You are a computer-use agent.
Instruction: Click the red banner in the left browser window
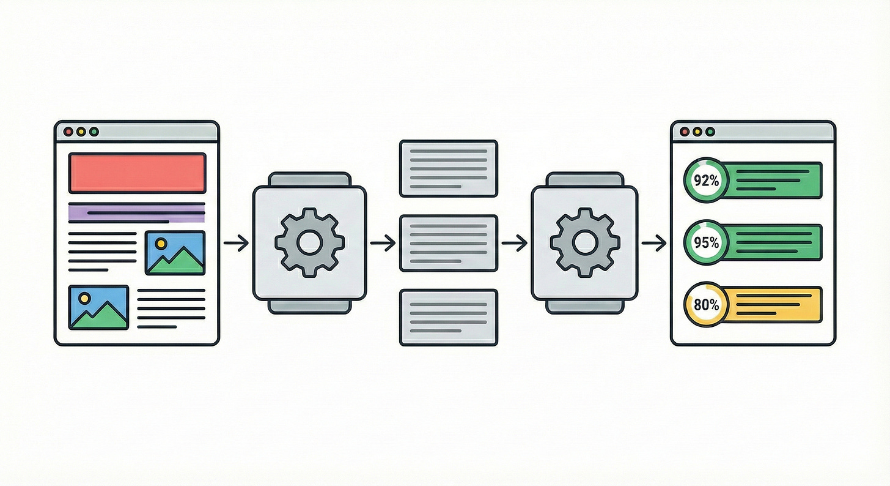click(138, 173)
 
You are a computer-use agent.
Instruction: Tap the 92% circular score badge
click(706, 181)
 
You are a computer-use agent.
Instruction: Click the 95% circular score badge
click(706, 242)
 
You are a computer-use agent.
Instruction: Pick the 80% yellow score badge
click(706, 304)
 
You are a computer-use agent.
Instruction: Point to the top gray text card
click(448, 168)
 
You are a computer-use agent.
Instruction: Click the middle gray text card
click(448, 243)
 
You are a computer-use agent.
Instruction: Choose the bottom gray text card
click(448, 318)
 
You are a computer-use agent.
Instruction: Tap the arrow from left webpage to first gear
click(236, 244)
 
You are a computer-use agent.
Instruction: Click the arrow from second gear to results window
click(654, 244)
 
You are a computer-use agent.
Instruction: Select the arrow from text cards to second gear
click(514, 244)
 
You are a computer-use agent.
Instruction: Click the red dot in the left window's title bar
click(68, 132)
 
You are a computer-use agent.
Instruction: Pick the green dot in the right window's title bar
click(710, 132)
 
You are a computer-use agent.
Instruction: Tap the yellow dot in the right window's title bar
click(697, 132)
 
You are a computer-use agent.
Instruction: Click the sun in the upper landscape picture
click(161, 243)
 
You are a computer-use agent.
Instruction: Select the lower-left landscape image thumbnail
click(99, 307)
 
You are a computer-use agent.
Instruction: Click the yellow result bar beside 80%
click(776, 304)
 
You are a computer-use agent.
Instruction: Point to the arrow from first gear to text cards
click(383, 244)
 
